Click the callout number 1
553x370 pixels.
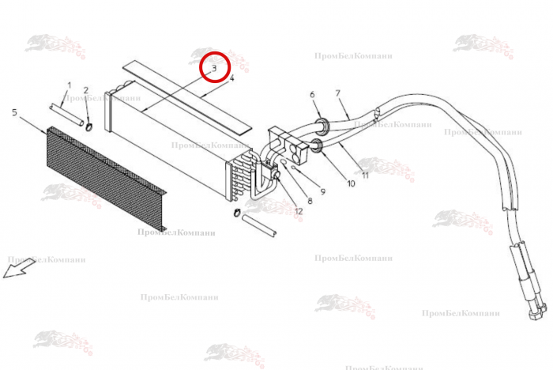click(x=70, y=85)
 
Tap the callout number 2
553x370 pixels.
click(x=85, y=91)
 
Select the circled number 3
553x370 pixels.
click(x=214, y=68)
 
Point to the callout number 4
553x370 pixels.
click(x=231, y=78)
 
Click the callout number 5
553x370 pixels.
click(x=14, y=112)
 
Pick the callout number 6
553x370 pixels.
click(x=312, y=95)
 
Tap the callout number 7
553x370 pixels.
click(x=338, y=93)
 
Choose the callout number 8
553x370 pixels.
click(x=310, y=201)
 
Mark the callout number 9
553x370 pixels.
click(x=322, y=191)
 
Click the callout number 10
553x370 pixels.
click(x=351, y=183)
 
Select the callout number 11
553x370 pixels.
click(x=365, y=175)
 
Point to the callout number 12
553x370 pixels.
click(x=299, y=211)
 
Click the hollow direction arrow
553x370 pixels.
click(x=19, y=269)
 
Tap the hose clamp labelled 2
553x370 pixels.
click(x=88, y=126)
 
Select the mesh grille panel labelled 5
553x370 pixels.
click(x=106, y=179)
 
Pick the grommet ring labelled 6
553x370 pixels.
click(x=322, y=126)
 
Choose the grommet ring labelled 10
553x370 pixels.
click(x=317, y=146)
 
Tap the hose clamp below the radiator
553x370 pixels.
click(x=237, y=213)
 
